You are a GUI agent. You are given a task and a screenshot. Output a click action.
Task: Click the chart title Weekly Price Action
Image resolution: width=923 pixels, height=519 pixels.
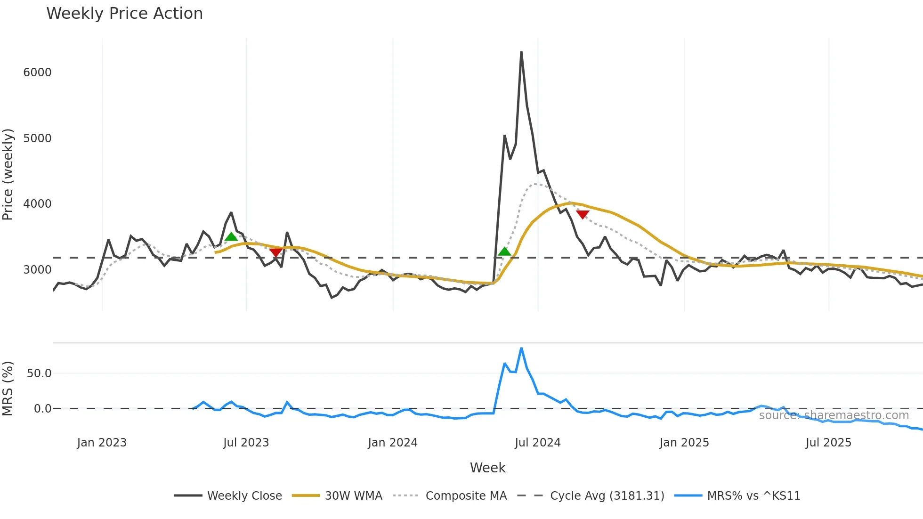pos(124,14)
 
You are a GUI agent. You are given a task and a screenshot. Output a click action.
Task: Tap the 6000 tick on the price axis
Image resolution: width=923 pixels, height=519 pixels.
pos(37,73)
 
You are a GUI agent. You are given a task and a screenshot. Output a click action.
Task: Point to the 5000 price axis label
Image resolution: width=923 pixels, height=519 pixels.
pos(37,138)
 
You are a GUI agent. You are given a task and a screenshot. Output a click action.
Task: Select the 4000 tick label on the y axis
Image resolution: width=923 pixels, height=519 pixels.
pos(37,204)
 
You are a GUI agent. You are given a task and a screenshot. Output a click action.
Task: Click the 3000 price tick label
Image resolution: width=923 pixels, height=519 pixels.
pos(37,270)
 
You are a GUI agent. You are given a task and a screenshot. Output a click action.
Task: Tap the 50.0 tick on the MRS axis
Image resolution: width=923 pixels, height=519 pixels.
pos(39,373)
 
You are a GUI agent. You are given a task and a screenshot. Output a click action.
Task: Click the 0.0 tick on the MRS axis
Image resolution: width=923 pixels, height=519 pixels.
pos(42,409)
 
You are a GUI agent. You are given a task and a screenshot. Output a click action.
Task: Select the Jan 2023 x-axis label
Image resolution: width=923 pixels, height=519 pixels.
pos(102,443)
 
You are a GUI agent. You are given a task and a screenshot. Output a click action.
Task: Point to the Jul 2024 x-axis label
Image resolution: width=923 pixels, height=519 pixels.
pos(537,443)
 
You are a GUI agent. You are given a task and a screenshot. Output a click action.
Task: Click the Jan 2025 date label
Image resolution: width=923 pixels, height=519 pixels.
pos(684,443)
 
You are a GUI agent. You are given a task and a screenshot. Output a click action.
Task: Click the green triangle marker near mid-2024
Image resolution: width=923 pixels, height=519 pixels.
pos(504,251)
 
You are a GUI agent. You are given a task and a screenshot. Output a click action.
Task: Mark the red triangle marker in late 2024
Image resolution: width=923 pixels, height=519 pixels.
pos(583,215)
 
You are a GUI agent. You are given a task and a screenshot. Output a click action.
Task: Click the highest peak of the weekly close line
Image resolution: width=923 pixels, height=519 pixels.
pos(521,52)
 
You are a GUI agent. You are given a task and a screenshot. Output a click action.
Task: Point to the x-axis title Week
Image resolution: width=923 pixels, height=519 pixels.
pos(487,468)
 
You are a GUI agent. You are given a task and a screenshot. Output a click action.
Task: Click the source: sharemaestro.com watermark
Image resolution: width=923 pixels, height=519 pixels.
pos(834,415)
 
